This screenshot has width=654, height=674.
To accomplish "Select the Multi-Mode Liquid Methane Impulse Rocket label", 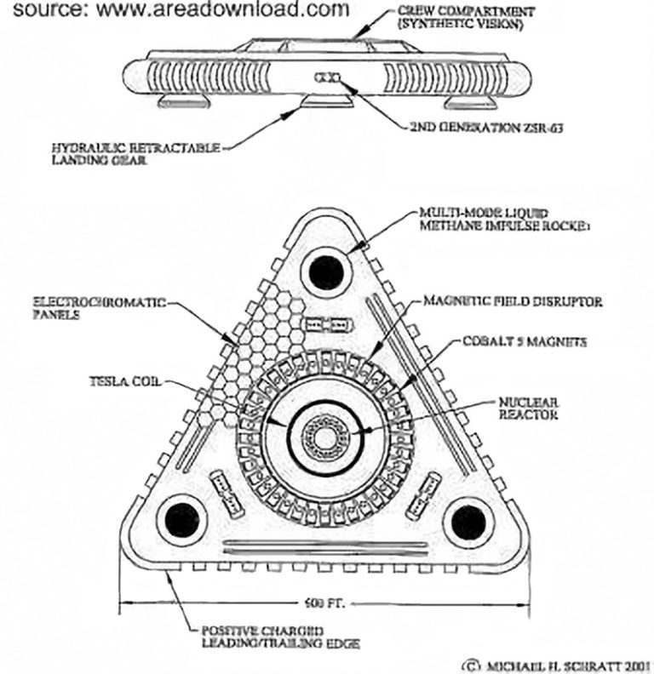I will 493,218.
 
